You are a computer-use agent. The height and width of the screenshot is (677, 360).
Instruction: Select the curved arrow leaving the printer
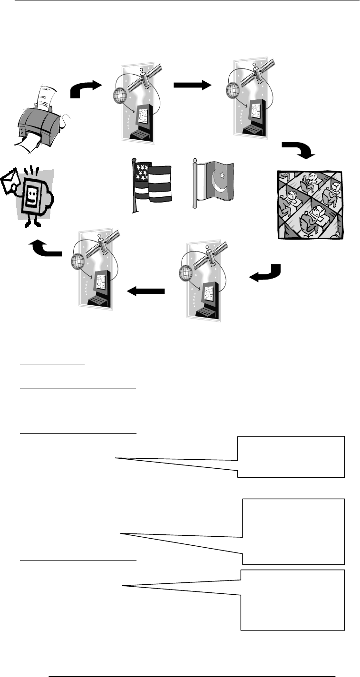click(86, 89)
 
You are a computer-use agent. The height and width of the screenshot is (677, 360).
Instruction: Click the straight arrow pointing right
click(192, 85)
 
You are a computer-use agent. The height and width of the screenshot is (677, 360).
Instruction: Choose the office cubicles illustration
click(309, 204)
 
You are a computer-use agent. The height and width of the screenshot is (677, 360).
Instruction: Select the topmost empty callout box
click(291, 456)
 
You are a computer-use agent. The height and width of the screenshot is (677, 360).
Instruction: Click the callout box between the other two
click(293, 531)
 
